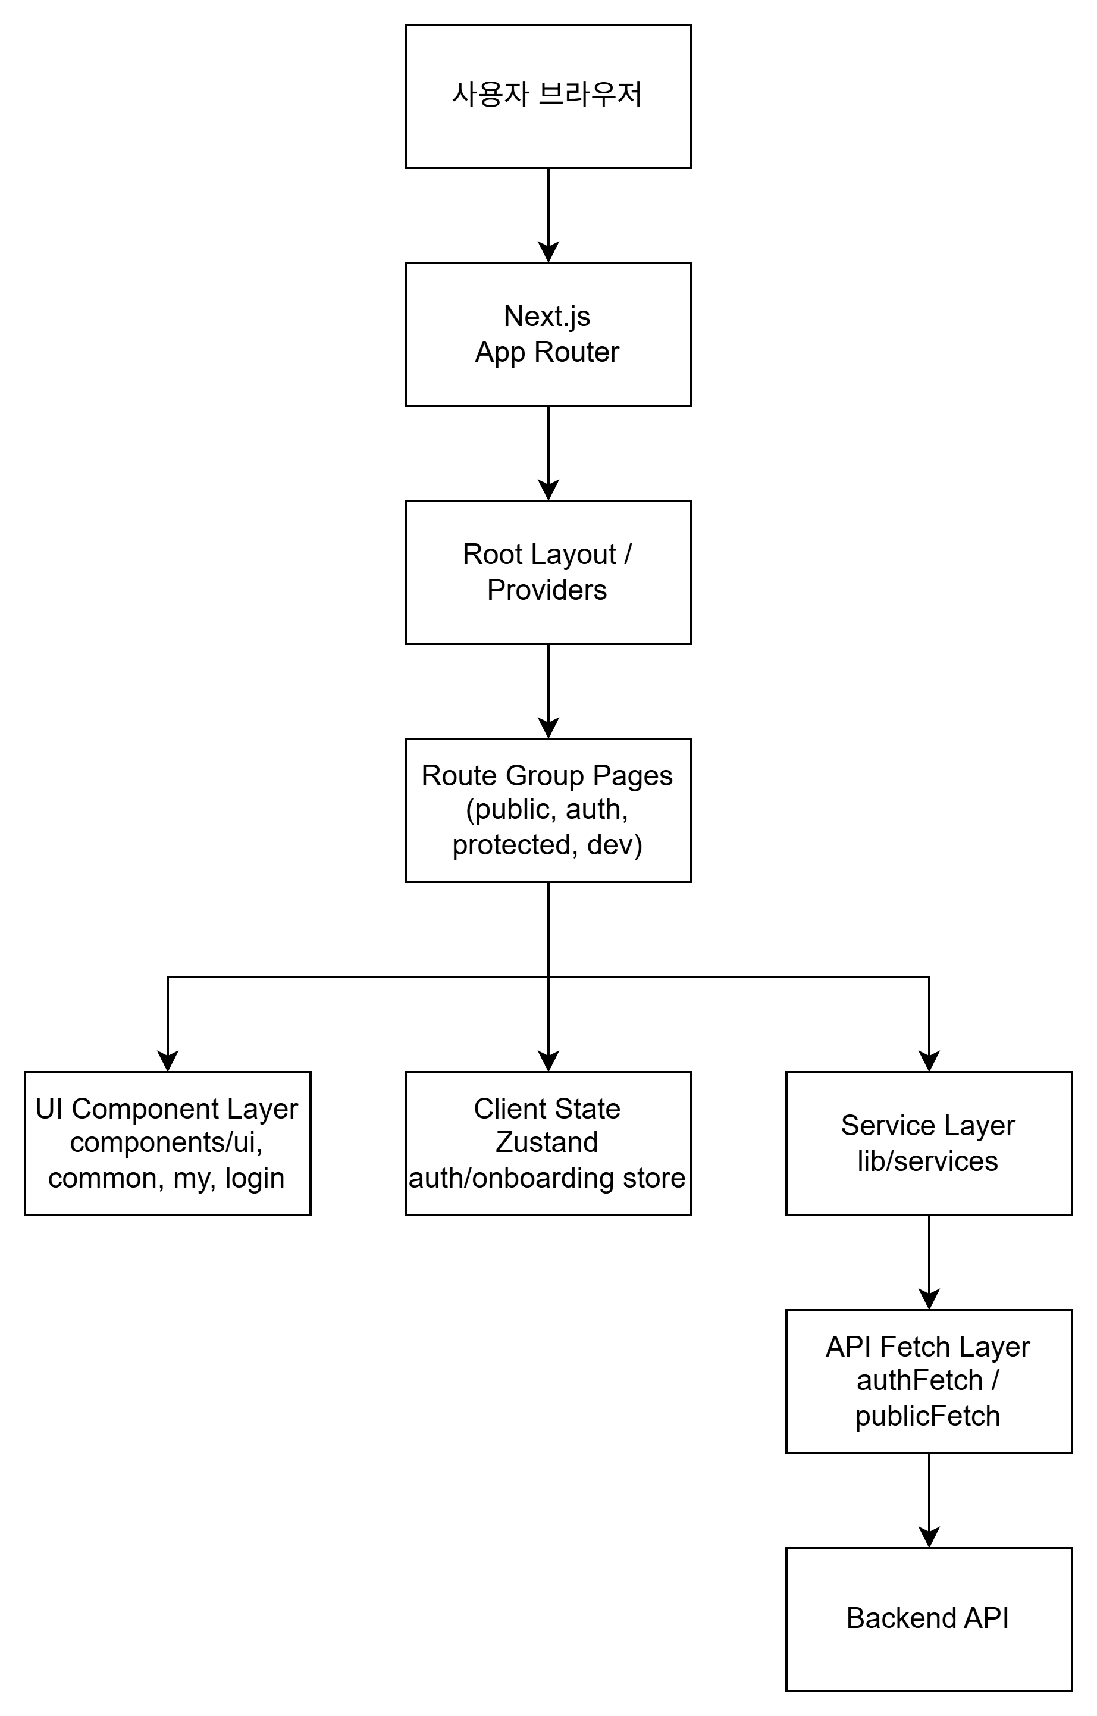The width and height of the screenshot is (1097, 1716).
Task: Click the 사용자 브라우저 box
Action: (x=548, y=96)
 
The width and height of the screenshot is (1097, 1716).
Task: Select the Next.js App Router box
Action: (x=548, y=334)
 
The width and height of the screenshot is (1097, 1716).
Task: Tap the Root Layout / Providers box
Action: (x=548, y=572)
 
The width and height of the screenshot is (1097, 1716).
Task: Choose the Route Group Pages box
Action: (x=548, y=810)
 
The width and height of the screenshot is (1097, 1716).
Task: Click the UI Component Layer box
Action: (x=167, y=1143)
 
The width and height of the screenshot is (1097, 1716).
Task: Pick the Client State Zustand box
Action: (x=548, y=1143)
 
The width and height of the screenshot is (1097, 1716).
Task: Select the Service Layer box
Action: (x=928, y=1143)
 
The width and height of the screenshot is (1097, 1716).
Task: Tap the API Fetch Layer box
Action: (x=928, y=1381)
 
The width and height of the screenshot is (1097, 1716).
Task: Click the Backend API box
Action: (x=928, y=1619)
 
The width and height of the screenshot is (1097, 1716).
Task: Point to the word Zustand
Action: (x=546, y=1142)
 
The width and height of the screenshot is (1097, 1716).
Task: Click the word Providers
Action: (x=546, y=590)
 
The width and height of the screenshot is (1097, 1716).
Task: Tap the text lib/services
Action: (x=927, y=1161)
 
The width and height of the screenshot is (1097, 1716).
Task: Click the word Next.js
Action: (x=546, y=317)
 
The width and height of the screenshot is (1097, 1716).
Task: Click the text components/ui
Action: (x=166, y=1142)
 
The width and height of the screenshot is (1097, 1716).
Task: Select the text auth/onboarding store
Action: (x=546, y=1178)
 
